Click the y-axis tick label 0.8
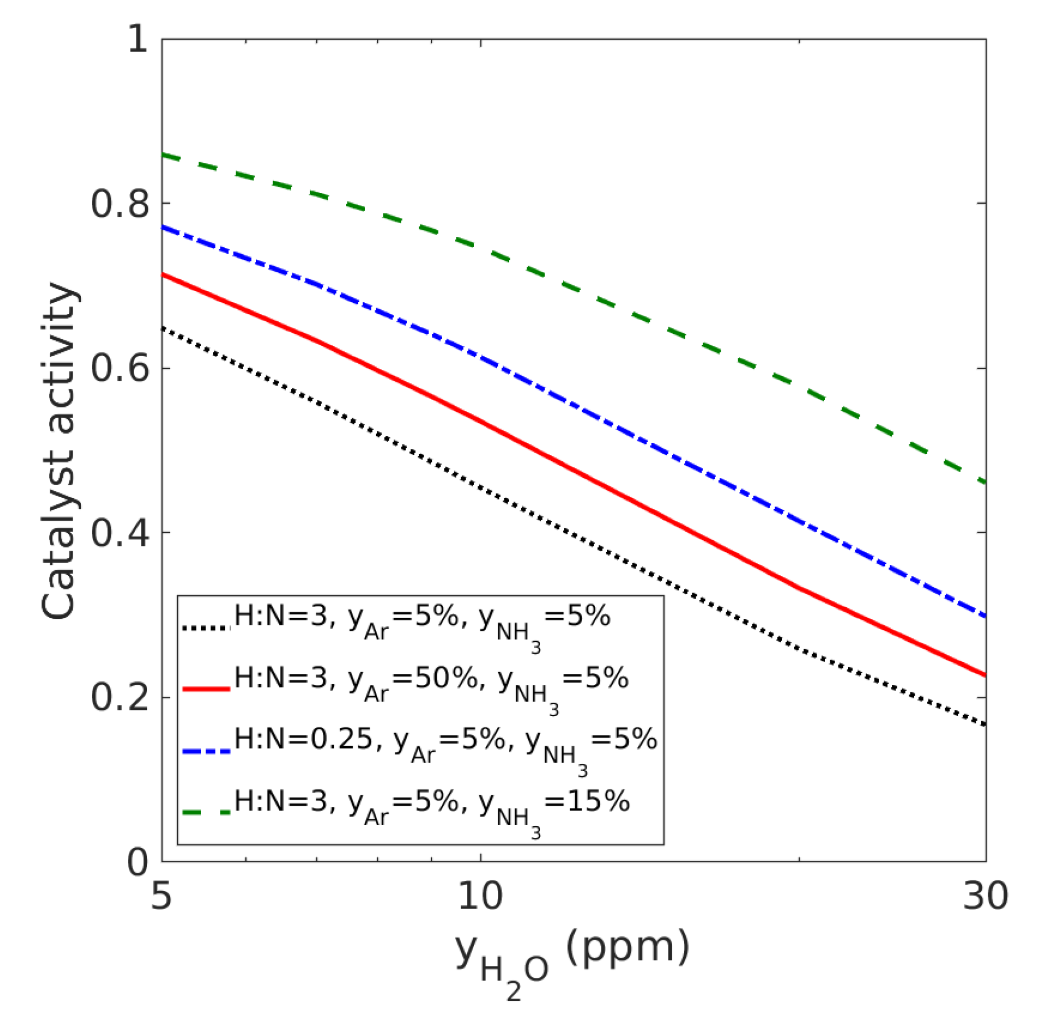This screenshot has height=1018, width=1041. (120, 203)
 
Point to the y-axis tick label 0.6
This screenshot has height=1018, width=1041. (120, 368)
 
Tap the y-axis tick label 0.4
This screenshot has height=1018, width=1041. (120, 532)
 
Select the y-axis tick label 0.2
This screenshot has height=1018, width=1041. (120, 697)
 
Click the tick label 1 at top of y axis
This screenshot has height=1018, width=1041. (137, 39)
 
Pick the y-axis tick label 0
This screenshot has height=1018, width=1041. (137, 861)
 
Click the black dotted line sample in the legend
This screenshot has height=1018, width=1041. (206, 628)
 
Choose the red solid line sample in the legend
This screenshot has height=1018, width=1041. (206, 689)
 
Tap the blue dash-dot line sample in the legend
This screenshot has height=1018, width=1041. (206, 751)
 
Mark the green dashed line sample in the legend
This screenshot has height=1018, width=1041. (206, 813)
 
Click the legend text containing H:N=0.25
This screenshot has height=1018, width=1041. (445, 743)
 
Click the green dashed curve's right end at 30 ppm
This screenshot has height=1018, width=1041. (984, 482)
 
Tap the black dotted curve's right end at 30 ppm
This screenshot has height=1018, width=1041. (984, 724)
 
